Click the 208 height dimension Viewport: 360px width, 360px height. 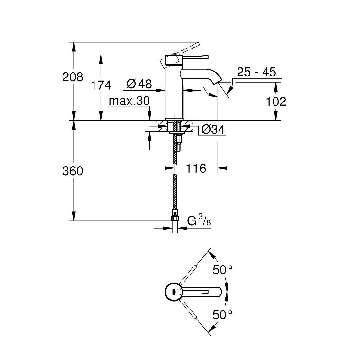[x=73, y=77]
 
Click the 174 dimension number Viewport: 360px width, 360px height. [x=101, y=85]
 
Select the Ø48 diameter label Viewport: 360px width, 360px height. [x=139, y=84]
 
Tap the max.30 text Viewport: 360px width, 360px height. [x=129, y=102]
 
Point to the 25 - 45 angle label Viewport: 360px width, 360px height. [x=256, y=72]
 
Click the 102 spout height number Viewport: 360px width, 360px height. [x=276, y=102]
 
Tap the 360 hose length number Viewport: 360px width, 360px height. [x=73, y=171]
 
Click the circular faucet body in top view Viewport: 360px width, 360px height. [x=174, y=292]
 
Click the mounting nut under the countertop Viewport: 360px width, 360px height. [x=174, y=128]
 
